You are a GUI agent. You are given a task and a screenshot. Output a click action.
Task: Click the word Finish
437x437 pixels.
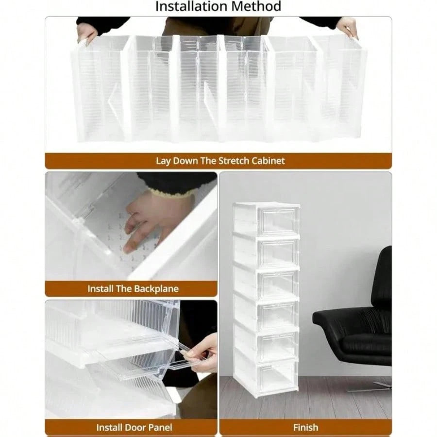coord(305,427)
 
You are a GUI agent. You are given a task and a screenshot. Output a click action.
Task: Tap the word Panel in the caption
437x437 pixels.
coord(161,427)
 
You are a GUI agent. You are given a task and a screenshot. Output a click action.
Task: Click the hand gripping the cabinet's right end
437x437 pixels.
coord(347,27)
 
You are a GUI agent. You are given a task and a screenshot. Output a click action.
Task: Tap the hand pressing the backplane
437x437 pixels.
coord(145,220)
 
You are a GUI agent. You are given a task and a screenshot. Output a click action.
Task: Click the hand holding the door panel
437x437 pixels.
coord(202,354)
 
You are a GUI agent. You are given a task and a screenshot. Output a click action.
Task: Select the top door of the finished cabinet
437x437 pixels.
coord(278,220)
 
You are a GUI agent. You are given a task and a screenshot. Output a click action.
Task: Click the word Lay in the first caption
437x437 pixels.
coord(163,161)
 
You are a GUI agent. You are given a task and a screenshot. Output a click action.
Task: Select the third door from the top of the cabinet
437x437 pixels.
coord(278,284)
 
